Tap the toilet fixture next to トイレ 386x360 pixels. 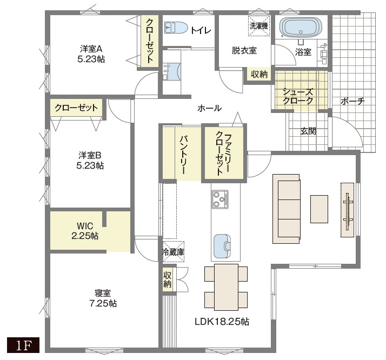coord(176,28)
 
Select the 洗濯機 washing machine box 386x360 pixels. coord(259,26)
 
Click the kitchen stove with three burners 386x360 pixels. coord(220,199)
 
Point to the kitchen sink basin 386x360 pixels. coord(222,246)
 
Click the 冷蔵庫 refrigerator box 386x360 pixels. coord(174,251)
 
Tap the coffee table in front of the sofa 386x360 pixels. coord(319,209)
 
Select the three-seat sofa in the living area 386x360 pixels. coord(287,209)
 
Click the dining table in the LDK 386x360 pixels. coord(226,287)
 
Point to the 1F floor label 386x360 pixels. coord(23,345)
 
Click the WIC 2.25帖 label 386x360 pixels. coord(85,231)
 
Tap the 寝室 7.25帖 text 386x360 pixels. coord(103,298)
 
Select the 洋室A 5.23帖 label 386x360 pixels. coord(91,54)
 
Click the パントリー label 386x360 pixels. coord(183,154)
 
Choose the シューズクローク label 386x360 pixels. coord(298,96)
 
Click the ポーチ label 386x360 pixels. coord(352,101)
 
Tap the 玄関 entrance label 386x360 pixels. coord(308,131)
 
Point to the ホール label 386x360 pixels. coord(210,108)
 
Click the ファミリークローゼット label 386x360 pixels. coord(223,153)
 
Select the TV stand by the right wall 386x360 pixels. coord(347,210)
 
